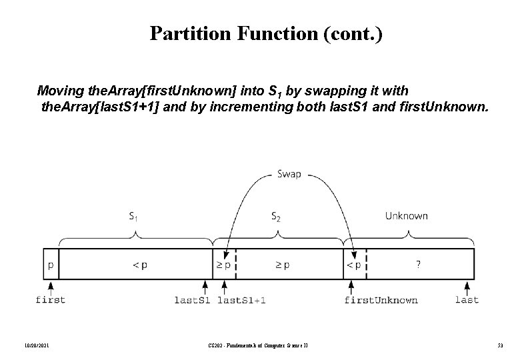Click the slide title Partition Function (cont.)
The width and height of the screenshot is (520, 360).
266,33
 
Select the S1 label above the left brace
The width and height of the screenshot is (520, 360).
134,216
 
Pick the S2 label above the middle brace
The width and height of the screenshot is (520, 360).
276,216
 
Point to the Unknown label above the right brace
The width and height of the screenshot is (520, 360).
406,216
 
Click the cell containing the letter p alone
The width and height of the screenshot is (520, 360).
51,265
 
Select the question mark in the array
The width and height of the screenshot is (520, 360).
418,265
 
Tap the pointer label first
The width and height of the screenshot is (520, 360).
51,300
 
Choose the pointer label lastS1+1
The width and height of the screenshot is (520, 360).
241,300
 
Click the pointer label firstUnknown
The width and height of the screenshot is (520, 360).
381,300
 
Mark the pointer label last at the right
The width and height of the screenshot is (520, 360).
467,300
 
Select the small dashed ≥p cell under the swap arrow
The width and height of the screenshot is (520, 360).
224,265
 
